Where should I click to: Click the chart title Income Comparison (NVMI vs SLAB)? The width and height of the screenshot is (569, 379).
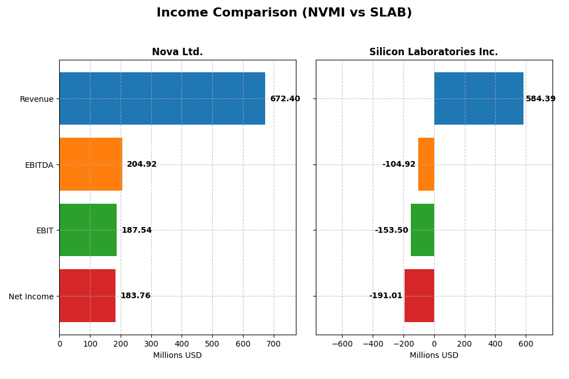(x=284, y=13)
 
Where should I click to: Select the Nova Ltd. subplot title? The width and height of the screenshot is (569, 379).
(x=177, y=52)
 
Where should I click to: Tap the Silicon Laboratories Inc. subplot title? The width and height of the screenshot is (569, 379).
(x=434, y=52)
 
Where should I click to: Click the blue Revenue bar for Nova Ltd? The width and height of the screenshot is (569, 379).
(x=162, y=98)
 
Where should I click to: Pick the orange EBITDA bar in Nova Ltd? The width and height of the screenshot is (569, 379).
(x=90, y=164)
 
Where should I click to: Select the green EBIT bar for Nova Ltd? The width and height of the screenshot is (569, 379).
(x=88, y=230)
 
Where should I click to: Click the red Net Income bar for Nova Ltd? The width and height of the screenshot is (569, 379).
(x=87, y=296)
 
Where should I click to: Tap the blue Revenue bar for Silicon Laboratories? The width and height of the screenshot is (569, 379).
(x=479, y=98)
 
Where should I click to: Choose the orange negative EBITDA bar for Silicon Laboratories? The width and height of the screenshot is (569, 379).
(x=426, y=164)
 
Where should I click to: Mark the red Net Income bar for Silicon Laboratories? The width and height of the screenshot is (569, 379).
(x=419, y=296)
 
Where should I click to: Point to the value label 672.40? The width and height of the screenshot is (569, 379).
(x=284, y=99)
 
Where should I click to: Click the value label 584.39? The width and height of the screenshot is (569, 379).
(x=541, y=99)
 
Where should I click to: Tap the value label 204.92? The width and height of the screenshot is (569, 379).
(x=142, y=164)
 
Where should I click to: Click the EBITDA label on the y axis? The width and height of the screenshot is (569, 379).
(x=39, y=165)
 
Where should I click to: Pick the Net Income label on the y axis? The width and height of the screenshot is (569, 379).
(x=31, y=296)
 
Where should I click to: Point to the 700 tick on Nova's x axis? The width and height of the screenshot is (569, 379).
(x=274, y=344)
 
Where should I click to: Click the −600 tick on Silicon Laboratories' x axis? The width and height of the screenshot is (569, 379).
(x=341, y=344)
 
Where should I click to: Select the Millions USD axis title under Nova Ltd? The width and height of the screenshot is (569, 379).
(x=177, y=356)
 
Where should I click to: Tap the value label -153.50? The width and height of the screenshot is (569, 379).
(x=391, y=230)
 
